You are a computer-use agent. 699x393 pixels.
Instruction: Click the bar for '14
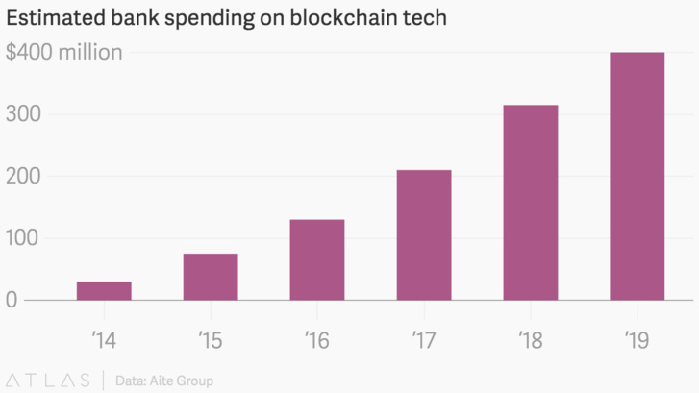pos(104,290)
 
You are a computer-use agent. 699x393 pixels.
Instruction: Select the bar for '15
pos(211,277)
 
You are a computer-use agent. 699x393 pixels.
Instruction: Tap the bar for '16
pos(317,259)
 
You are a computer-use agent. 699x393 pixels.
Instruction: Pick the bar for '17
pos(424,234)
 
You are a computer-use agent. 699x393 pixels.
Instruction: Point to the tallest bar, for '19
pos(637,176)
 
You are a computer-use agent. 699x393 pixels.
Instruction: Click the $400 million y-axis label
pos(64,52)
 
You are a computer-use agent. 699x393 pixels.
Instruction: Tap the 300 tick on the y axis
pos(22,114)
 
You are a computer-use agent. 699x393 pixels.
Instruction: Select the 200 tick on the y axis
pos(22,177)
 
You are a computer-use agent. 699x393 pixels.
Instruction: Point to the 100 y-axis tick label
pos(22,238)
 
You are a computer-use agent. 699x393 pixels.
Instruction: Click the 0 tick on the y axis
pos(12,300)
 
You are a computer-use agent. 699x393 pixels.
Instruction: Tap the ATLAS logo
pos(47,380)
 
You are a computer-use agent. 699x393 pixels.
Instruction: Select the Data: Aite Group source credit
pos(163,381)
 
